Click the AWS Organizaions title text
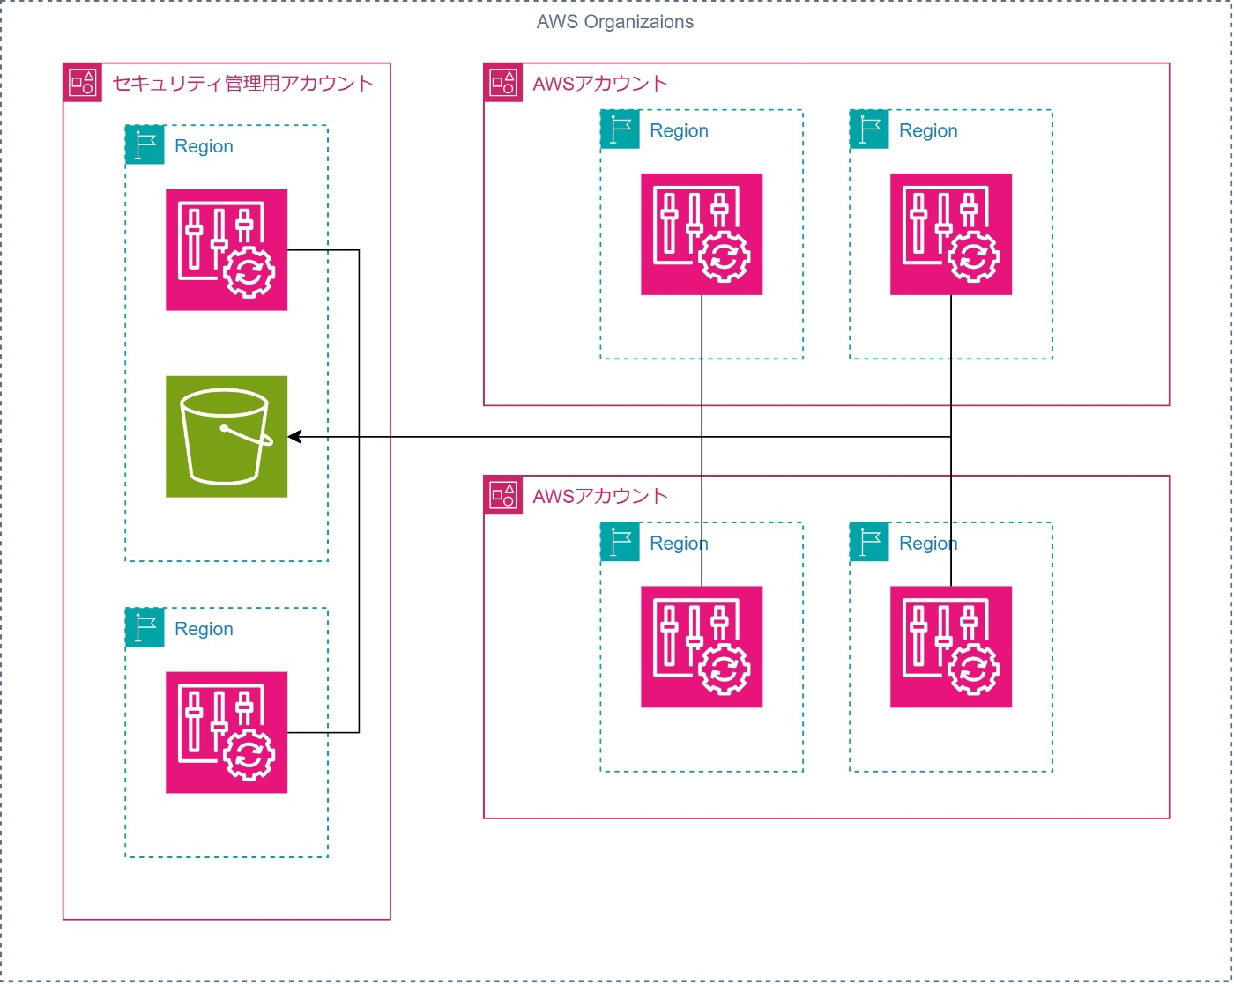(x=614, y=22)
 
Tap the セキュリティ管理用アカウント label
(x=242, y=84)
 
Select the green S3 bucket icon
(x=227, y=436)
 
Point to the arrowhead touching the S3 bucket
(x=294, y=437)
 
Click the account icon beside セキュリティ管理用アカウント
(x=83, y=83)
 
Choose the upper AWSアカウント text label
(x=600, y=84)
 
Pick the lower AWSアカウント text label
(x=600, y=496)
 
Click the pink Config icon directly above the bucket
(x=227, y=249)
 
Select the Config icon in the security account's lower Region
(x=227, y=732)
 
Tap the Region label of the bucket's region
(x=204, y=146)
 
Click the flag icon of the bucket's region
(x=145, y=145)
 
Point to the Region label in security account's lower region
(x=204, y=629)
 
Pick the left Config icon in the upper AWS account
(x=702, y=234)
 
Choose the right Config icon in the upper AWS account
(x=951, y=234)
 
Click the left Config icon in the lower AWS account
(x=702, y=647)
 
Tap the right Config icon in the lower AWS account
(x=951, y=647)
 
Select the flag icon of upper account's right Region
(x=870, y=129)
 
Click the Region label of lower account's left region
(x=679, y=544)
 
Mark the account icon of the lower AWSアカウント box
(x=503, y=495)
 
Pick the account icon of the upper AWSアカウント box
(x=503, y=83)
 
